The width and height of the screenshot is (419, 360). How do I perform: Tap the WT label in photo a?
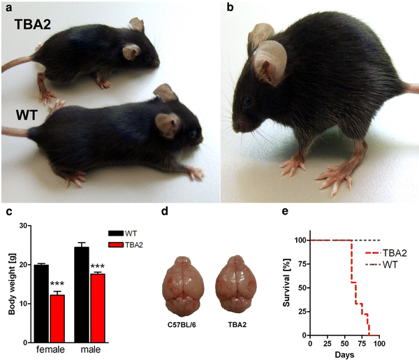pyautogui.click(x=27, y=113)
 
